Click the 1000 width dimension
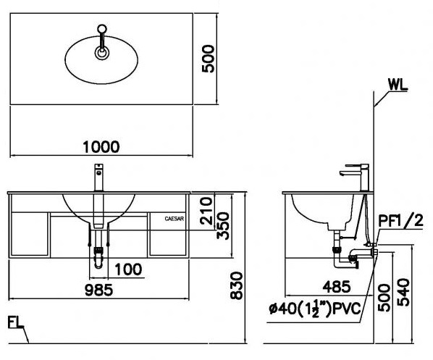(101, 147)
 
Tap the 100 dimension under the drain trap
(127, 270)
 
